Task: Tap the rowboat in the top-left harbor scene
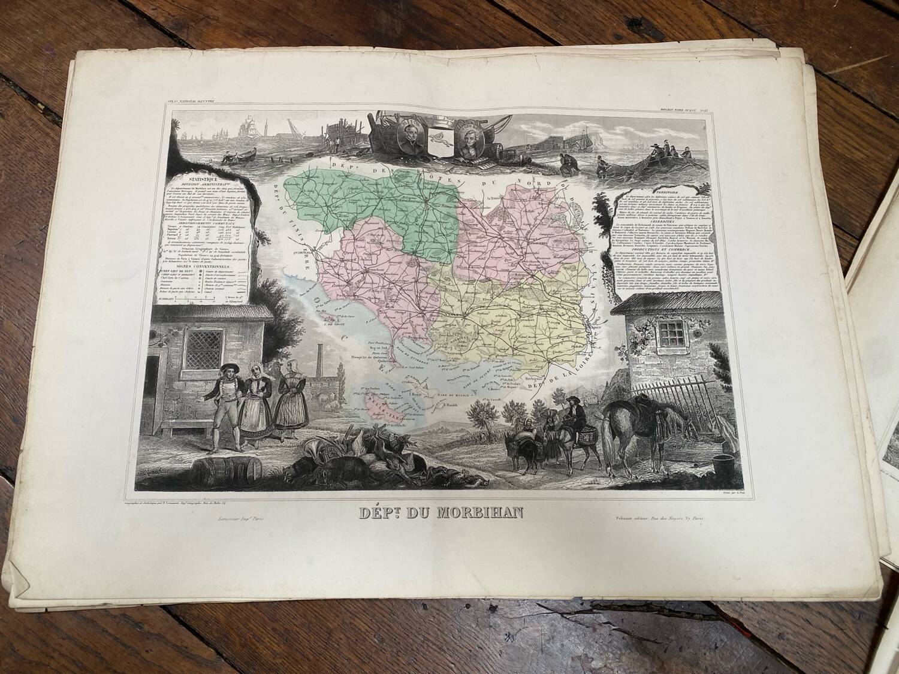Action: pos(236,156)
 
